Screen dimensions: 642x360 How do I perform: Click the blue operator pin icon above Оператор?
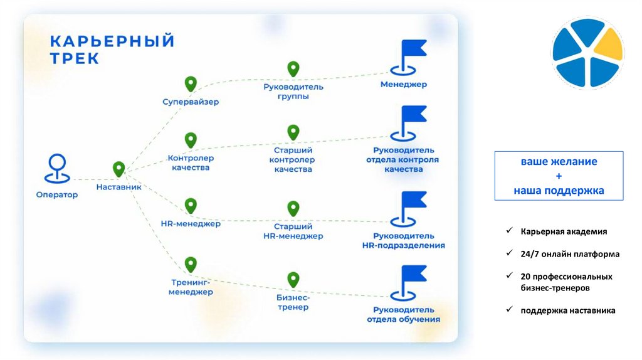pos(56,167)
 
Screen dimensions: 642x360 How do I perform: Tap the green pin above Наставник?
pos(118,169)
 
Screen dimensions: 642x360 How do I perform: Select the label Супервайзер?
pos(191,102)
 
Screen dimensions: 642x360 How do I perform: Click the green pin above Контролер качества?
pos(190,139)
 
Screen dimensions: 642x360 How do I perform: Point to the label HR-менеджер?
pos(191,223)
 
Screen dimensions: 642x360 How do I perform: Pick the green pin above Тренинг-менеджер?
pos(191,263)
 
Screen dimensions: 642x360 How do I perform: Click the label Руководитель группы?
pos(293,92)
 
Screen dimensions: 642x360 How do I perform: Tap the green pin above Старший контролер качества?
pos(293,132)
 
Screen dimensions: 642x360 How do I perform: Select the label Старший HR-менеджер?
pos(293,231)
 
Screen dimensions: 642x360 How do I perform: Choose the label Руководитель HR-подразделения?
pos(403,240)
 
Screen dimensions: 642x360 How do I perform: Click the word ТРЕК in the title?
pos(75,58)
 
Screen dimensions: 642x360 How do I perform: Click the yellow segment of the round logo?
pos(605,47)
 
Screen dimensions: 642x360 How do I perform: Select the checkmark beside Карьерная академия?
pos(510,231)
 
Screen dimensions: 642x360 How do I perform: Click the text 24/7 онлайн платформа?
pos(569,254)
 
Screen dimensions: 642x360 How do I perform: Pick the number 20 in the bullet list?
pos(525,277)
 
